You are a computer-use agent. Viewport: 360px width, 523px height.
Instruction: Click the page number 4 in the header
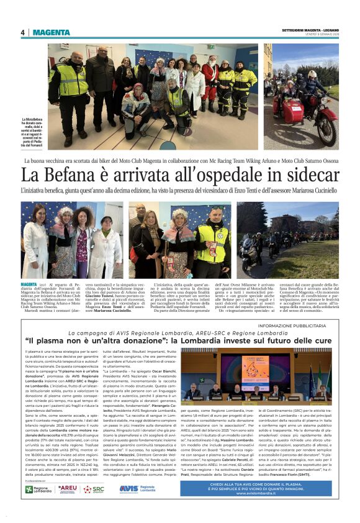pos(22,32)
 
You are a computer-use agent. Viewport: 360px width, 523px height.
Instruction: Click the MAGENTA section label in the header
pos(52,32)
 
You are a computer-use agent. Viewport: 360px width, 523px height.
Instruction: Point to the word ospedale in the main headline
pos(236,174)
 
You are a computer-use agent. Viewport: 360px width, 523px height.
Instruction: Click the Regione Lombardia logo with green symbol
pos(38,489)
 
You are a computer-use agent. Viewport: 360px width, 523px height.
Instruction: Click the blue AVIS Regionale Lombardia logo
pos(137,489)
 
